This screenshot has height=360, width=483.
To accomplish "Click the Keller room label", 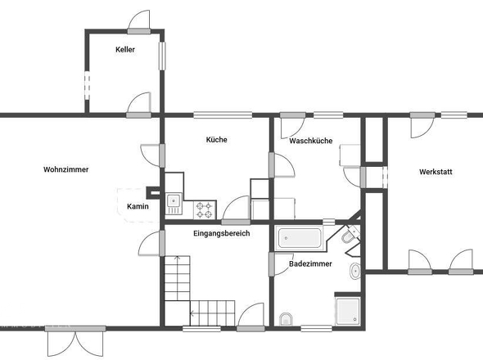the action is (x=125, y=49).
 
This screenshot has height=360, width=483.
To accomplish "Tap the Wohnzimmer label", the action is (x=66, y=169).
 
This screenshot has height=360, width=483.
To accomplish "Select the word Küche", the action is (x=217, y=140).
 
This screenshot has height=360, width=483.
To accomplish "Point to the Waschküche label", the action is (x=311, y=141).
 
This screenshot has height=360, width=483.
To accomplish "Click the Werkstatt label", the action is (x=436, y=172).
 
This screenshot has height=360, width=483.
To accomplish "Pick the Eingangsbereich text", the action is (x=222, y=233).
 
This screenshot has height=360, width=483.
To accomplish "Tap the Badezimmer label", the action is (x=310, y=264).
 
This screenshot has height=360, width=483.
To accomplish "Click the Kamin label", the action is (x=138, y=206).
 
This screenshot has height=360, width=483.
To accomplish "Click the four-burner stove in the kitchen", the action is (x=205, y=210).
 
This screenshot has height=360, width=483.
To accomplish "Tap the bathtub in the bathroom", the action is (x=299, y=238).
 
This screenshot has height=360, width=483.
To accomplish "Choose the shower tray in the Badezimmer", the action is (x=348, y=311).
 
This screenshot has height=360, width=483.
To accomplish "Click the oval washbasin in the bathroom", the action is (x=355, y=271).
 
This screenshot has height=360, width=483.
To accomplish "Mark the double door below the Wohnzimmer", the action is (x=75, y=341).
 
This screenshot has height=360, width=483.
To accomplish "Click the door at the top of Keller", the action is (x=139, y=22).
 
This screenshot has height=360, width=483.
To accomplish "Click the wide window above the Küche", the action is (x=223, y=115).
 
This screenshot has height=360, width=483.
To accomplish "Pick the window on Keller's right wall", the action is (x=162, y=56).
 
